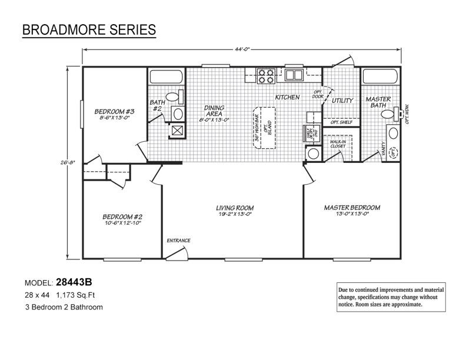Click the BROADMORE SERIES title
tap(89, 29)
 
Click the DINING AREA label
tap(213, 112)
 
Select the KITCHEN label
tap(287, 97)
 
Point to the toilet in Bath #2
tap(171, 97)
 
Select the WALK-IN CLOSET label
tap(337, 143)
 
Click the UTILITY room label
tap(342, 101)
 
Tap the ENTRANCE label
tap(178, 240)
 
